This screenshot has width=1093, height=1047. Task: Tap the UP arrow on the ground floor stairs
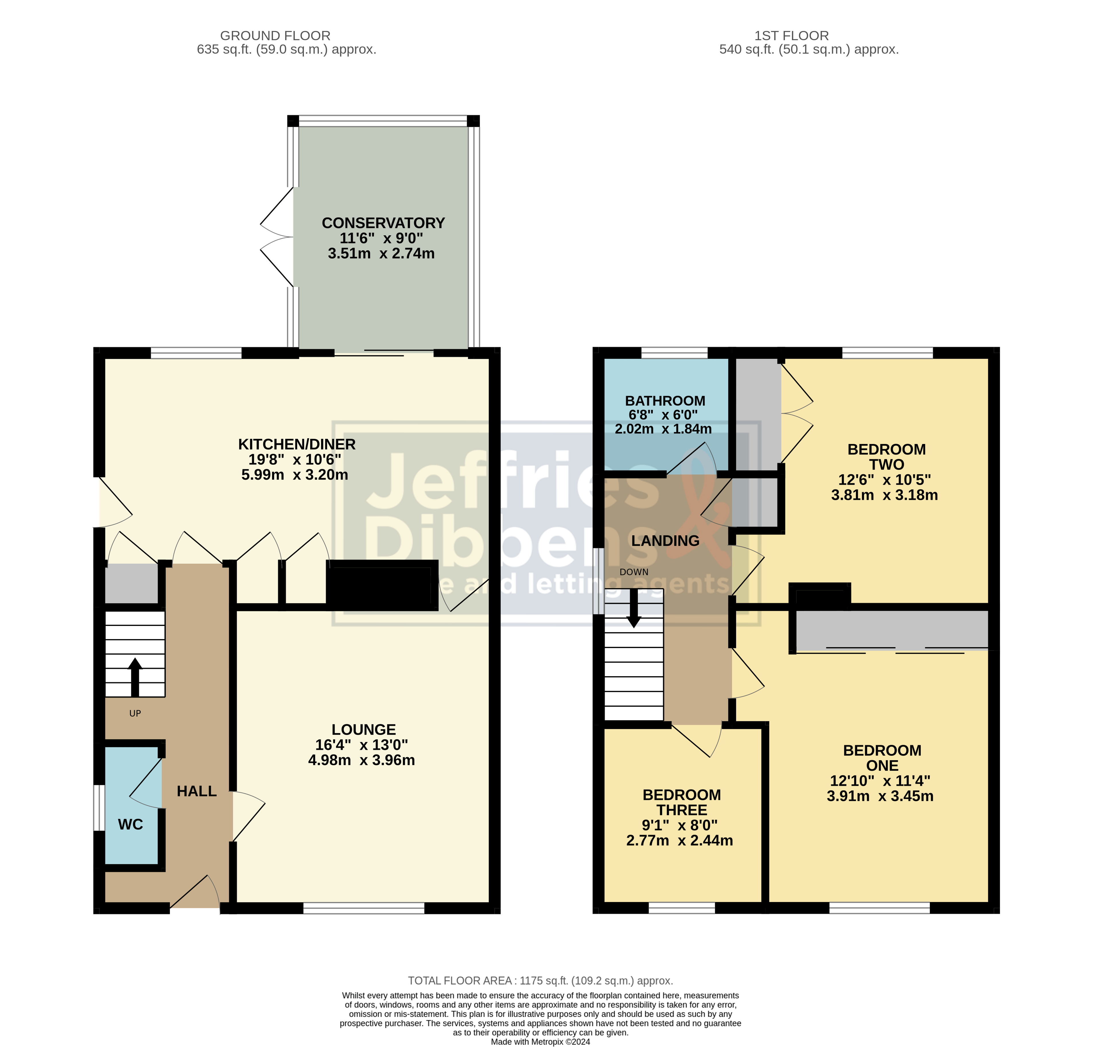tap(135, 676)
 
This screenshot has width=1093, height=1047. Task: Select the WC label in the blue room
tap(131, 825)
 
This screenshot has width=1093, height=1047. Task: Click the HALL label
tap(196, 791)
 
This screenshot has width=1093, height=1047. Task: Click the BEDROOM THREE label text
tap(682, 802)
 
